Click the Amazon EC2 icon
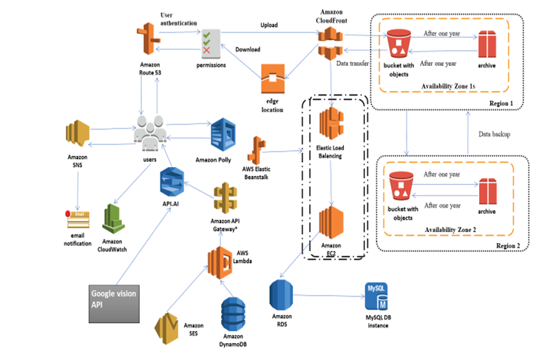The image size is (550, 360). click(x=332, y=223)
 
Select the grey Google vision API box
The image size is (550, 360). click(x=113, y=303)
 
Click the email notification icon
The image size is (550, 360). click(x=78, y=220)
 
